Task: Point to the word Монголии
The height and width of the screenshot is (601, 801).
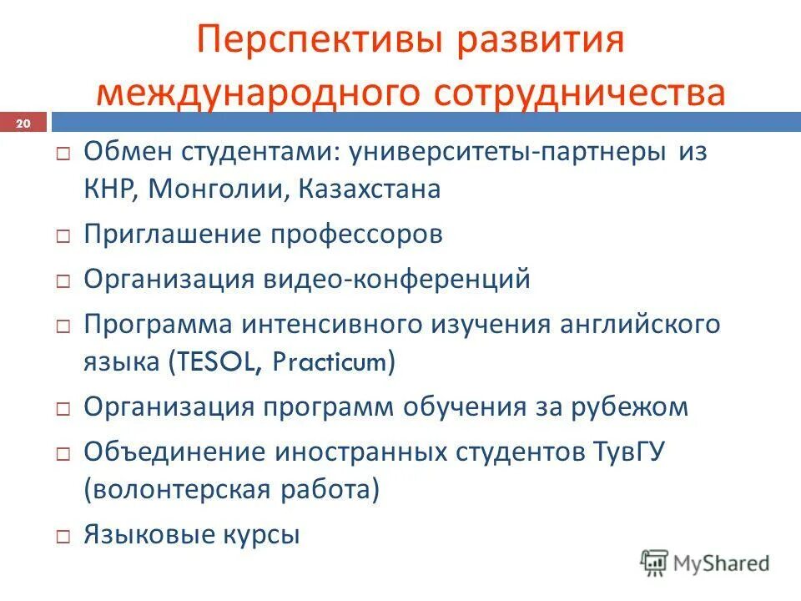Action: coord(219,189)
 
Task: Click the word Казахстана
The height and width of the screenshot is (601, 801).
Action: coord(369,189)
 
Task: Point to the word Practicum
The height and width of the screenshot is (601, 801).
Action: coord(331,363)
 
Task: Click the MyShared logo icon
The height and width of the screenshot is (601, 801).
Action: coord(654,563)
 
